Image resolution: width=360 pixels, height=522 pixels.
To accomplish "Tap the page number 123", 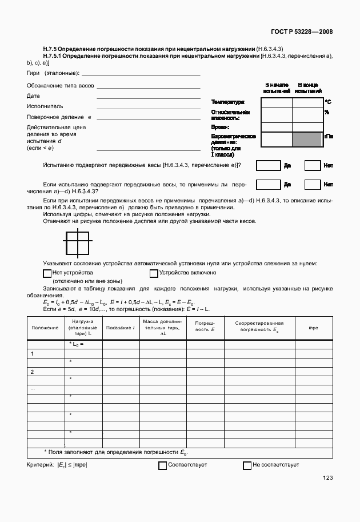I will pyautogui.click(x=327, y=478).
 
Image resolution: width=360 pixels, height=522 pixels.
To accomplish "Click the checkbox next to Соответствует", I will pyautogui.click(x=162, y=465).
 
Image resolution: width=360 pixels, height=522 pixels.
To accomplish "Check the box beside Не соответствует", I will pyautogui.click(x=247, y=465).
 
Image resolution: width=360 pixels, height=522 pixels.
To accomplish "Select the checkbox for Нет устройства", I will pyautogui.click(x=47, y=273).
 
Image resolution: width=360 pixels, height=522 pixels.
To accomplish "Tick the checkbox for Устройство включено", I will pyautogui.click(x=154, y=273).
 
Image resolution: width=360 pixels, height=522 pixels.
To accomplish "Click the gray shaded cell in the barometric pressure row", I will pyautogui.click(x=307, y=140).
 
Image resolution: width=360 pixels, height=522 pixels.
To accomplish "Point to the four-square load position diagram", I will pyautogui.click(x=77, y=242).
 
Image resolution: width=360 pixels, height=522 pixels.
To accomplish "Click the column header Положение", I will pyautogui.click(x=45, y=328).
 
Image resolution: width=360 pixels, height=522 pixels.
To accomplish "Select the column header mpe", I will pyautogui.click(x=313, y=328).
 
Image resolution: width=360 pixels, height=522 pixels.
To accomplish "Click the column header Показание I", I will pyautogui.click(x=121, y=328).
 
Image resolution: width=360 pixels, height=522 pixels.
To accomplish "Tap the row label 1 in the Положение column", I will pyautogui.click(x=33, y=353).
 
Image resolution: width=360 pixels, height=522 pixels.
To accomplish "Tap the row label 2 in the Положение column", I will pyautogui.click(x=33, y=372).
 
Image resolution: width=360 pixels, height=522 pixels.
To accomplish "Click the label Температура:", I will pyautogui.click(x=229, y=102).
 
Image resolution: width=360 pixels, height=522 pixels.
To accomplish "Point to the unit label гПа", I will pyautogui.click(x=329, y=137).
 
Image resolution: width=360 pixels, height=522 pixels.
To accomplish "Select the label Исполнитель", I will pyautogui.click(x=45, y=106).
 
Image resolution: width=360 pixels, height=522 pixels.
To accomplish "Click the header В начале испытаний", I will pyautogui.click(x=277, y=87).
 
